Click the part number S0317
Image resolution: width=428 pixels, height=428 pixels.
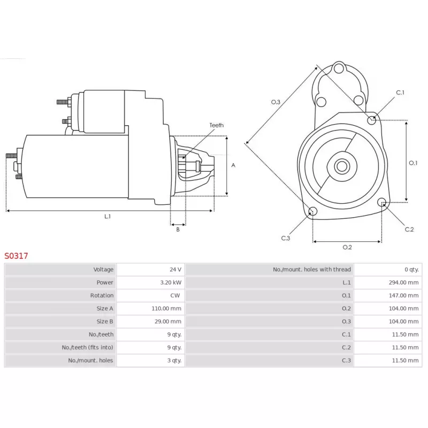(17, 256)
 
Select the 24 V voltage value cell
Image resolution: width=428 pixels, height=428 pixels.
(175, 270)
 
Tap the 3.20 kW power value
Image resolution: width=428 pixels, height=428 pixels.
(171, 282)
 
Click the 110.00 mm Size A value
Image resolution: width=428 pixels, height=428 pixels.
(167, 309)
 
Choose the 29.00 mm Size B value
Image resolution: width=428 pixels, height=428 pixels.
(169, 322)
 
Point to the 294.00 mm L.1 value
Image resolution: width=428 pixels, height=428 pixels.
(403, 282)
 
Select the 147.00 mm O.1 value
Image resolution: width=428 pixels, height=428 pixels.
(403, 295)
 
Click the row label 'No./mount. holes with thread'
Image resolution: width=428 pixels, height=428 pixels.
(312, 270)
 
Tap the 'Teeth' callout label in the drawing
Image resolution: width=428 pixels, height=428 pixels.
(217, 125)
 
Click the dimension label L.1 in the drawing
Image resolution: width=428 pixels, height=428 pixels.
(108, 216)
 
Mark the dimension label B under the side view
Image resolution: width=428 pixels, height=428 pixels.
(178, 230)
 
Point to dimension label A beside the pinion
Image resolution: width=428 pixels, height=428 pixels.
(233, 165)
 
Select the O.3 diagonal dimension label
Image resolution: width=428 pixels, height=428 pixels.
(276, 102)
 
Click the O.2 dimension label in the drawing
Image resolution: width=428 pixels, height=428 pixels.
(347, 247)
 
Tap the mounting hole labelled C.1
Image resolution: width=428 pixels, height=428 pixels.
(372, 120)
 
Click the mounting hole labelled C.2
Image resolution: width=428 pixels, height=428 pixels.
(382, 202)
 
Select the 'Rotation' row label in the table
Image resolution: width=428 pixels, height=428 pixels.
(102, 295)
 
